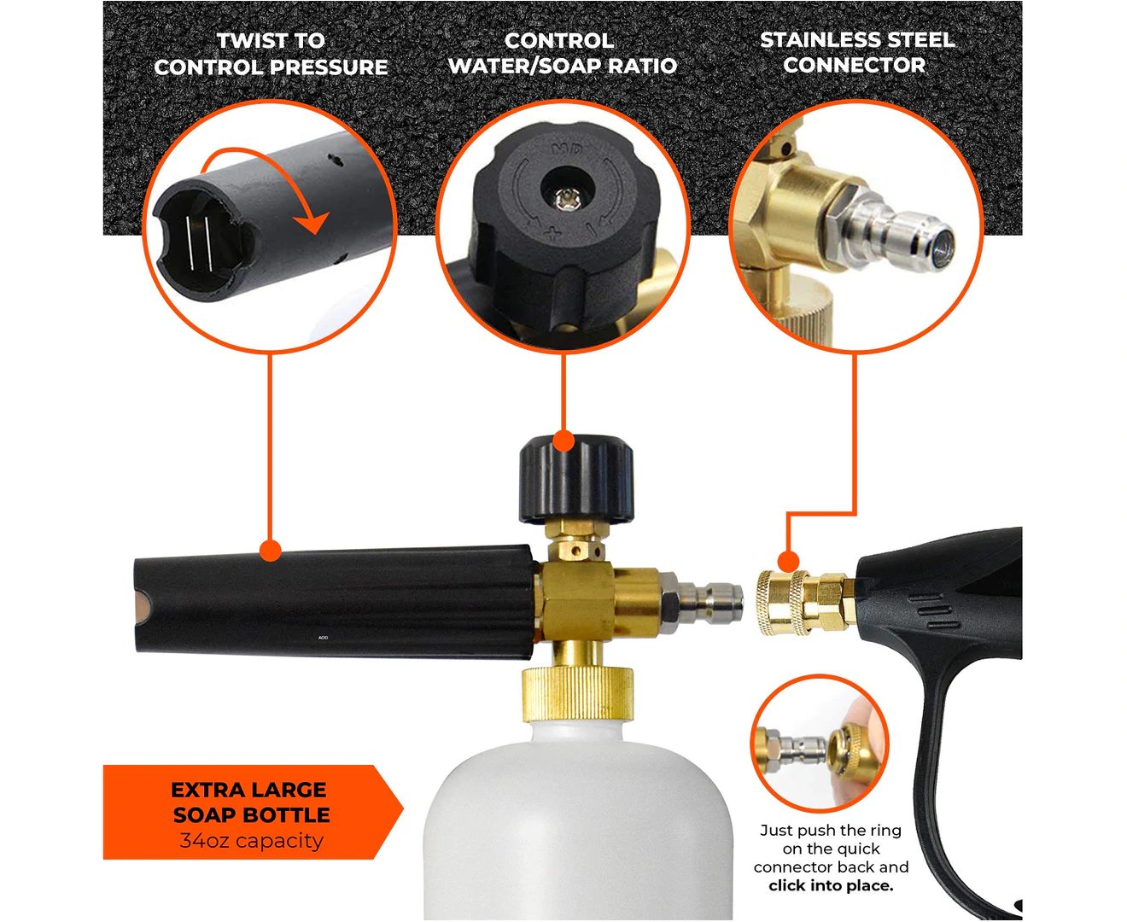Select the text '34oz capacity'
click(x=251, y=841)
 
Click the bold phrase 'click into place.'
click(x=831, y=885)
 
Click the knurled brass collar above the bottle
click(x=577, y=696)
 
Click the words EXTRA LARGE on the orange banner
click(x=248, y=790)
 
